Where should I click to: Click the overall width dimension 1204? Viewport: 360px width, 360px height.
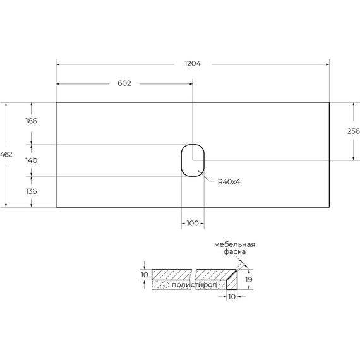(193, 64)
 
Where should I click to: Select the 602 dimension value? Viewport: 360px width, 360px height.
(124, 83)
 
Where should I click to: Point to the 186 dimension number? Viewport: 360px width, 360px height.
(32, 121)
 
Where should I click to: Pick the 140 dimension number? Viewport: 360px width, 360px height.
(32, 161)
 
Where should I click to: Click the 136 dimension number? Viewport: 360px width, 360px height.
(32, 191)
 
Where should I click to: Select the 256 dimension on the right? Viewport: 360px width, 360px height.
(353, 131)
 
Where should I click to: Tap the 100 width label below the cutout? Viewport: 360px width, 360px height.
(193, 224)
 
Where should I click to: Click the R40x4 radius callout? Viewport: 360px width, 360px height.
(229, 182)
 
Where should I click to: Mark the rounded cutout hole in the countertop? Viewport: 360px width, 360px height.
(193, 160)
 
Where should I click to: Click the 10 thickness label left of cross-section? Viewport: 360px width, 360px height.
(145, 275)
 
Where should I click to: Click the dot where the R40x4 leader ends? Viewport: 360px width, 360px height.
(199, 170)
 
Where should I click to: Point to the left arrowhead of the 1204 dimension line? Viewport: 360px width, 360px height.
(59, 64)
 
